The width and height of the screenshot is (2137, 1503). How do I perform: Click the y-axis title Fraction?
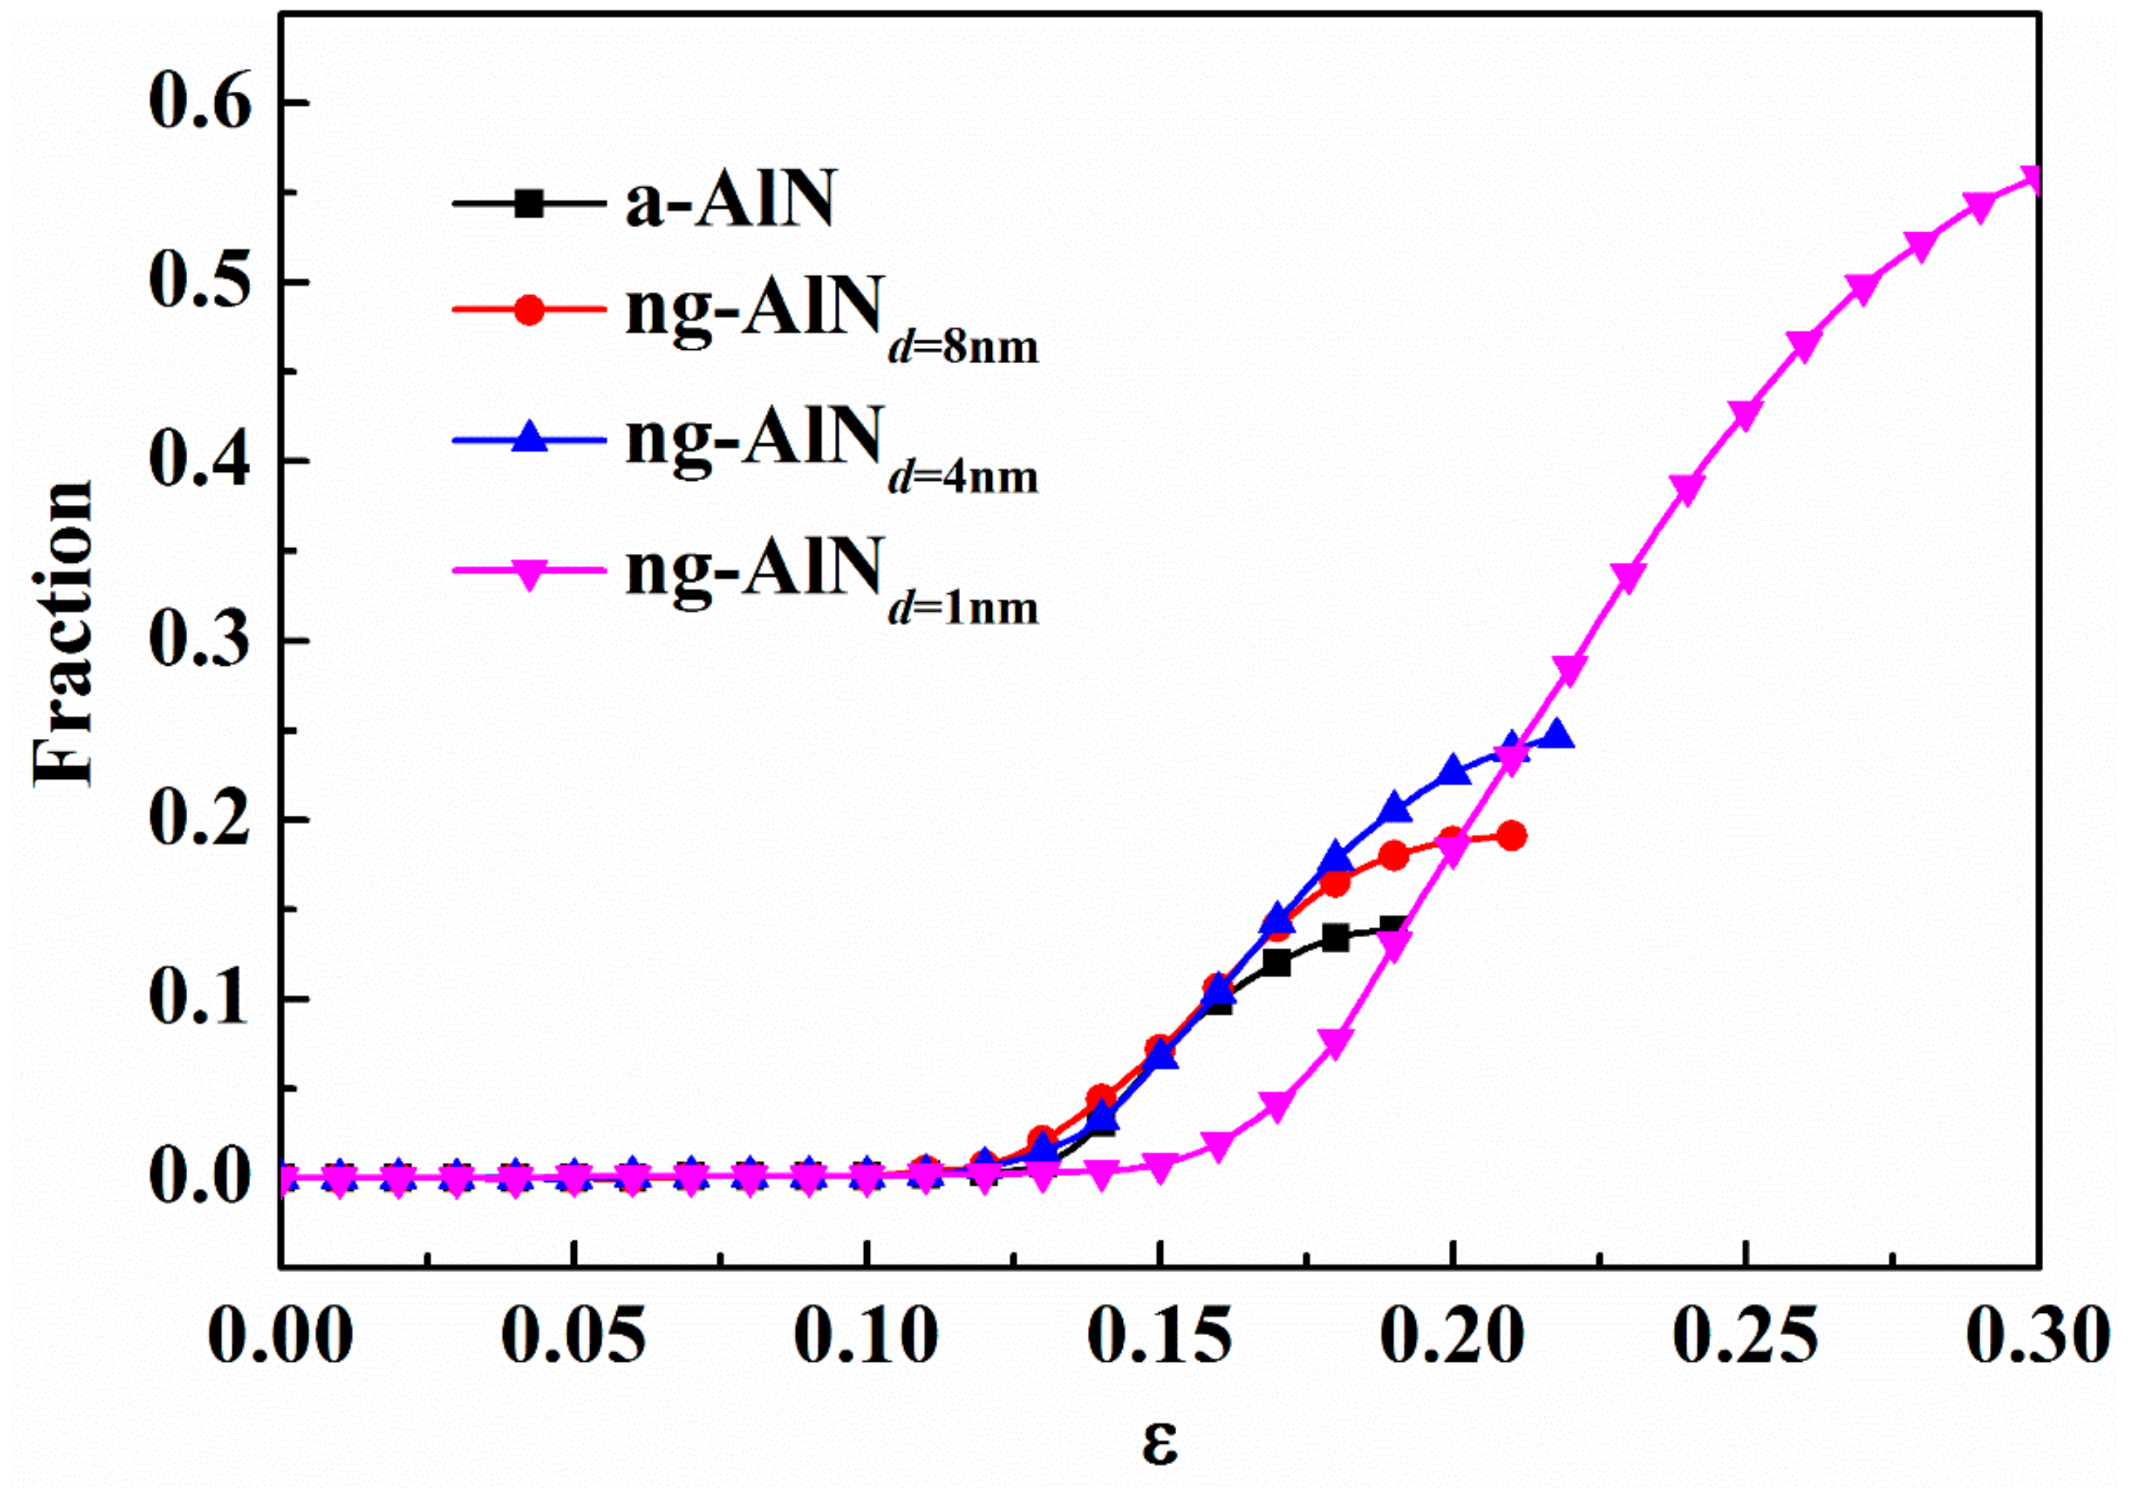tap(64, 635)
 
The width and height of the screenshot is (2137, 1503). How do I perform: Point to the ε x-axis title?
tap(1160, 1443)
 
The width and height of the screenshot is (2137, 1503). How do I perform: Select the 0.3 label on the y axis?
tap(200, 641)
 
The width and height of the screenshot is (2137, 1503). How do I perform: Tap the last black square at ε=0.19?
tap(1394, 927)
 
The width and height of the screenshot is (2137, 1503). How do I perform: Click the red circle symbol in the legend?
tap(529, 309)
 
